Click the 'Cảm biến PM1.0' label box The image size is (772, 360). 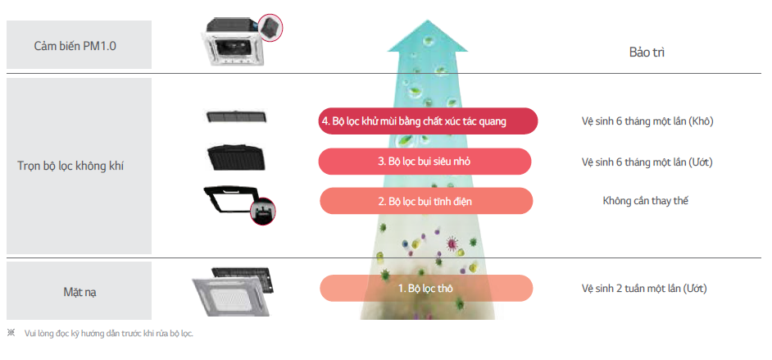click(79, 45)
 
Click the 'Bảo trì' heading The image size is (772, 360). click(647, 52)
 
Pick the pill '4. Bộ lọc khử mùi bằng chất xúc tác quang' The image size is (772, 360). click(426, 121)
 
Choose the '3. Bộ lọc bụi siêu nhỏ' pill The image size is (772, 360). click(425, 162)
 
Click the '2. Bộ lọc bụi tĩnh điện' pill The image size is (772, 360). click(425, 201)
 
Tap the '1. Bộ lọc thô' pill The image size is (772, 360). click(425, 289)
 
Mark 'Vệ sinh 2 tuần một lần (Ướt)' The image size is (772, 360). click(644, 289)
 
